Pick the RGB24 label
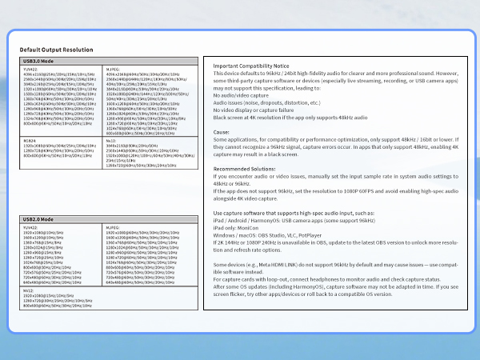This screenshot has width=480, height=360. pos(30,141)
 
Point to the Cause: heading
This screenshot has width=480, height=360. pos(222,131)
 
